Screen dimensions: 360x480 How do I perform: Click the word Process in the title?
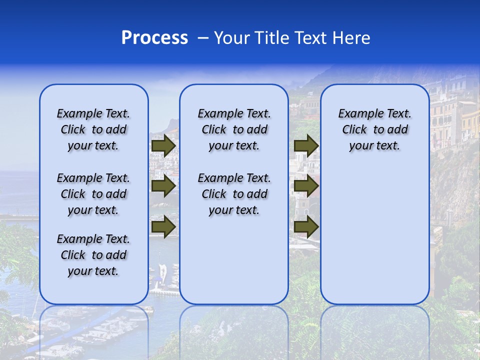click(154, 37)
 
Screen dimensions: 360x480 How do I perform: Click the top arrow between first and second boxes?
click(163, 146)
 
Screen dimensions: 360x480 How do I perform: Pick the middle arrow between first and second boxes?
click(163, 186)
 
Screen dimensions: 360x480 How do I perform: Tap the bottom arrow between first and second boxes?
click(163, 226)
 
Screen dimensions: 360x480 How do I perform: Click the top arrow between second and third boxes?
click(306, 146)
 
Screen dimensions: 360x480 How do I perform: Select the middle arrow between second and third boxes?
click(306, 186)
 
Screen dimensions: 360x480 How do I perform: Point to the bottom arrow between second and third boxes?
click(306, 226)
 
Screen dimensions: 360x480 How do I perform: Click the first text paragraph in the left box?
click(93, 129)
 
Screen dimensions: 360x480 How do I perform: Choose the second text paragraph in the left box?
click(93, 194)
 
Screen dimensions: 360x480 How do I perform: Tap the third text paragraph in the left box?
click(93, 255)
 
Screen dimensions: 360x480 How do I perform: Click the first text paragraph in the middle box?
click(234, 129)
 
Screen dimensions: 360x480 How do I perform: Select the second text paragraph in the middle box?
click(234, 194)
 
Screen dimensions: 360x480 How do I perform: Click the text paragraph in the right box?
click(374, 129)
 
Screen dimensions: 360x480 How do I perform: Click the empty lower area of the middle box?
click(234, 265)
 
